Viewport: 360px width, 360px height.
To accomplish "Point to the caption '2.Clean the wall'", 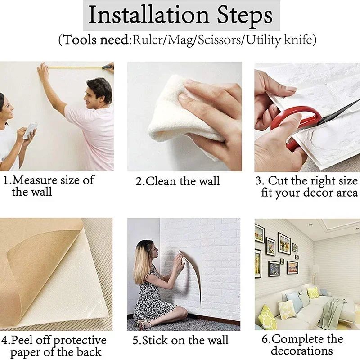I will (178, 182).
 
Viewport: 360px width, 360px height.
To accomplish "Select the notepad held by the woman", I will (30, 130).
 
